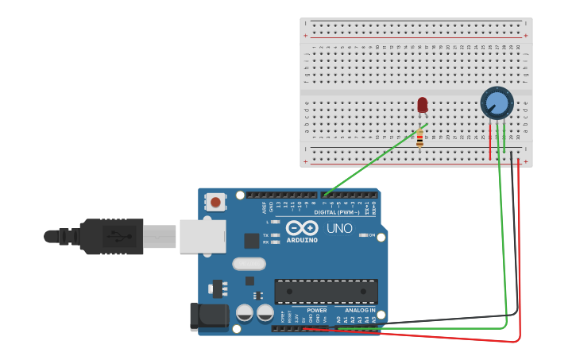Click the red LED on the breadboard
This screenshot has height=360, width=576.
422,105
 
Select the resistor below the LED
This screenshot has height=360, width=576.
419,139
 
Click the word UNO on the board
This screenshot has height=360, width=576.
339,229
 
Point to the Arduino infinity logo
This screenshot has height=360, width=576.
301,228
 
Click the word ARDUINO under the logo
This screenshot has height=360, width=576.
301,240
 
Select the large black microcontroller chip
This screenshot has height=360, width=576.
326,291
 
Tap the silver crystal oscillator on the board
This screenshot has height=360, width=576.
249,264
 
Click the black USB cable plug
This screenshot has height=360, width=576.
111,236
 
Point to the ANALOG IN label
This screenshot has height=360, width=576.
360,311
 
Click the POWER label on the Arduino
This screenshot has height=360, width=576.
316,311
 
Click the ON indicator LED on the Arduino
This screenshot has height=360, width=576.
363,235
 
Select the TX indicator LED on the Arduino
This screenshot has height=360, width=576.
274,235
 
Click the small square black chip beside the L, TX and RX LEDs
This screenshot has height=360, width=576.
252,240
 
